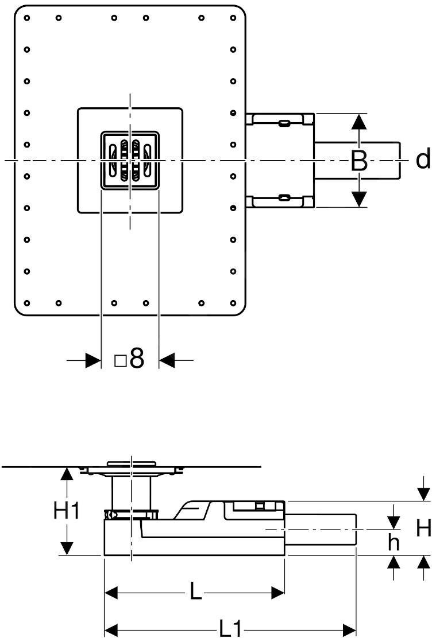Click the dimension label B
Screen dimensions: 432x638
(x=359, y=161)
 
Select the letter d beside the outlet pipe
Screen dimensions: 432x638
(x=423, y=159)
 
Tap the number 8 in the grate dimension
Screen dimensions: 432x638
(x=136, y=360)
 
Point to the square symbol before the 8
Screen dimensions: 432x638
(x=120, y=361)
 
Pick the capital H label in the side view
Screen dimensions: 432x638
(x=424, y=528)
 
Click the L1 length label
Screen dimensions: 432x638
(x=230, y=629)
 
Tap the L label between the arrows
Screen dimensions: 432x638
(x=196, y=592)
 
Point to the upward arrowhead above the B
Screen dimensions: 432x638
(x=359, y=122)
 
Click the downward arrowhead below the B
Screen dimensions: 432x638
(x=359, y=199)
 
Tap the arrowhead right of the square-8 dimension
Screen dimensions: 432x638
(x=167, y=360)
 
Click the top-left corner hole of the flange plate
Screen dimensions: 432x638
(x=27, y=18)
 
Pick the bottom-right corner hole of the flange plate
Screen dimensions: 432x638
(x=233, y=302)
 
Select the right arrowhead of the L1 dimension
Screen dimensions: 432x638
(x=349, y=629)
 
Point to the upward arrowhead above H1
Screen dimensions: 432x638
(x=68, y=473)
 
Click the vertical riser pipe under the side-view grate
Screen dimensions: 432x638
(x=132, y=492)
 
